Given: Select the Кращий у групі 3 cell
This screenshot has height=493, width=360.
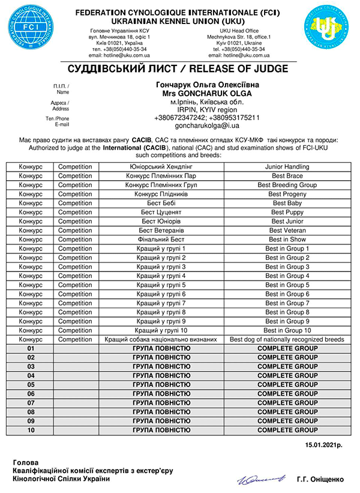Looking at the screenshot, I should pos(161,267).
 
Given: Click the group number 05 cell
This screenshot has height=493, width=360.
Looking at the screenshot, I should pos(30,385).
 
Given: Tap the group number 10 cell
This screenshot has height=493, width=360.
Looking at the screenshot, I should pos(30,431).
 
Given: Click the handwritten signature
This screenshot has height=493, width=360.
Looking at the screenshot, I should pos(260,479).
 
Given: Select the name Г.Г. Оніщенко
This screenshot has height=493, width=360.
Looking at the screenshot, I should pos(320,480).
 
